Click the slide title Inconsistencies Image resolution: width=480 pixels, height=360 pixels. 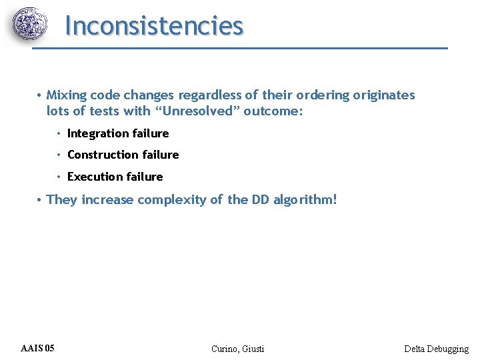pos(154,26)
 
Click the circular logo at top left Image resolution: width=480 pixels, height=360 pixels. pos(31,25)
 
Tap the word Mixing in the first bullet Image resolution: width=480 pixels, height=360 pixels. pos(62,95)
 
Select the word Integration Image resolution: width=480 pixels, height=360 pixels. pos(97,133)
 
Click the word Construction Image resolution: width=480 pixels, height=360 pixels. pos(102,155)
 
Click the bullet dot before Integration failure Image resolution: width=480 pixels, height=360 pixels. pos(59,133)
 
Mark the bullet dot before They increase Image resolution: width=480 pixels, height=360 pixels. pos(40,199)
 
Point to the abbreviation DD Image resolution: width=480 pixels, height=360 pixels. pos(260,199)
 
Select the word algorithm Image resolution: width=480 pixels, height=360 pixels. pos(305,199)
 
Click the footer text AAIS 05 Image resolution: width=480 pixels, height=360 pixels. pos(38,349)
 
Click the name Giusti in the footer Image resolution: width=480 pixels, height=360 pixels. pos(253,349)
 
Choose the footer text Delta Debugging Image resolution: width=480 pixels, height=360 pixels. pos(436,349)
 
